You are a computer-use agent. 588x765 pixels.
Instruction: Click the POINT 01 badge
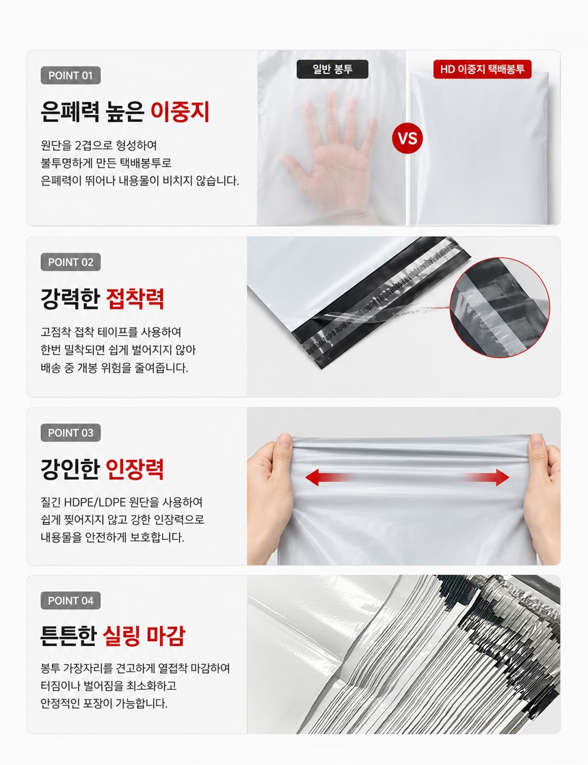pyautogui.click(x=70, y=76)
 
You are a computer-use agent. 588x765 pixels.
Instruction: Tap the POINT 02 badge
pyautogui.click(x=70, y=262)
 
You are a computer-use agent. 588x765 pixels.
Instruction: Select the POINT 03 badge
pyautogui.click(x=70, y=432)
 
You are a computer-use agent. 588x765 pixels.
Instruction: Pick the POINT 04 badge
pyautogui.click(x=70, y=601)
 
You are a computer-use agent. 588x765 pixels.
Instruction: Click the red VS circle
pyautogui.click(x=407, y=138)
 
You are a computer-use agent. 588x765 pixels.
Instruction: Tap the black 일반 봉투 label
pyautogui.click(x=332, y=69)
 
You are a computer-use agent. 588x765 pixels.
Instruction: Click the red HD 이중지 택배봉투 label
pyautogui.click(x=482, y=69)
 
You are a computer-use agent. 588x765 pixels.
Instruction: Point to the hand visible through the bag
pyautogui.click(x=332, y=156)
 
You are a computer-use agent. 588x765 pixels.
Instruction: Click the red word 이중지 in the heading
pyautogui.click(x=180, y=112)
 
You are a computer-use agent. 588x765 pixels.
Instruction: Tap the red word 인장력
pyautogui.click(x=135, y=469)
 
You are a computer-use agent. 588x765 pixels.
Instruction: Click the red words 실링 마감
pyautogui.click(x=144, y=636)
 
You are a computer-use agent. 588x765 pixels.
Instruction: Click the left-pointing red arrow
pyautogui.click(x=329, y=477)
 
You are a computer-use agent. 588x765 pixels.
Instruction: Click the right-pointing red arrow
pyautogui.click(x=486, y=477)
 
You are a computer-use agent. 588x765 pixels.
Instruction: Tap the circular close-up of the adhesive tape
pyautogui.click(x=499, y=307)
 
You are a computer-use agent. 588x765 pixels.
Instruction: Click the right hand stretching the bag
pyautogui.click(x=542, y=493)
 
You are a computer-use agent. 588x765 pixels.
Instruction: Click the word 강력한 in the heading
pyautogui.click(x=70, y=298)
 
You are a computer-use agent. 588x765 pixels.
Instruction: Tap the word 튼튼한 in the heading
pyautogui.click(x=69, y=636)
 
